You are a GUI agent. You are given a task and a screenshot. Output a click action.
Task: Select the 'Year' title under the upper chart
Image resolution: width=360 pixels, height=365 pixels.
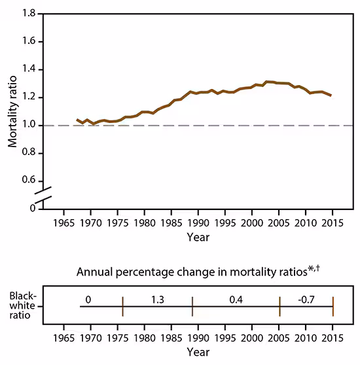coord(198,237)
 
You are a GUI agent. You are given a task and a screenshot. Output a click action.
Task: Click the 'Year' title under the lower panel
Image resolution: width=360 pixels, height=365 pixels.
coord(198,352)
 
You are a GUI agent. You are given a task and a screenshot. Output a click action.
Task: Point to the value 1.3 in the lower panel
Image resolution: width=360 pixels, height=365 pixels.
coord(157,300)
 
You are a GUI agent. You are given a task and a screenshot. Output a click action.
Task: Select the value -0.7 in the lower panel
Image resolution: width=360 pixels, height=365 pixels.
coord(306,300)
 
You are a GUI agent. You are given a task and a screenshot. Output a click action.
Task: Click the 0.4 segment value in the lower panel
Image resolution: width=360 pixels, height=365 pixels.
coord(236,300)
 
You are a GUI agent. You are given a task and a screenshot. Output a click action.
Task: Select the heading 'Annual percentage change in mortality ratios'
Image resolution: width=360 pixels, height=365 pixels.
coord(190,271)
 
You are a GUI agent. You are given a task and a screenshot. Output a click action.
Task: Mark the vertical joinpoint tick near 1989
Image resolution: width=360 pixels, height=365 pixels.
coord(192,305)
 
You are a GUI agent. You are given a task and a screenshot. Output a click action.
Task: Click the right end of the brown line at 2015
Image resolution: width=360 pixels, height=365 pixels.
coord(331,96)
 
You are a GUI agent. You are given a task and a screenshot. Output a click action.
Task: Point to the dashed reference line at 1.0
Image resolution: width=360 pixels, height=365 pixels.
coord(196,126)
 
